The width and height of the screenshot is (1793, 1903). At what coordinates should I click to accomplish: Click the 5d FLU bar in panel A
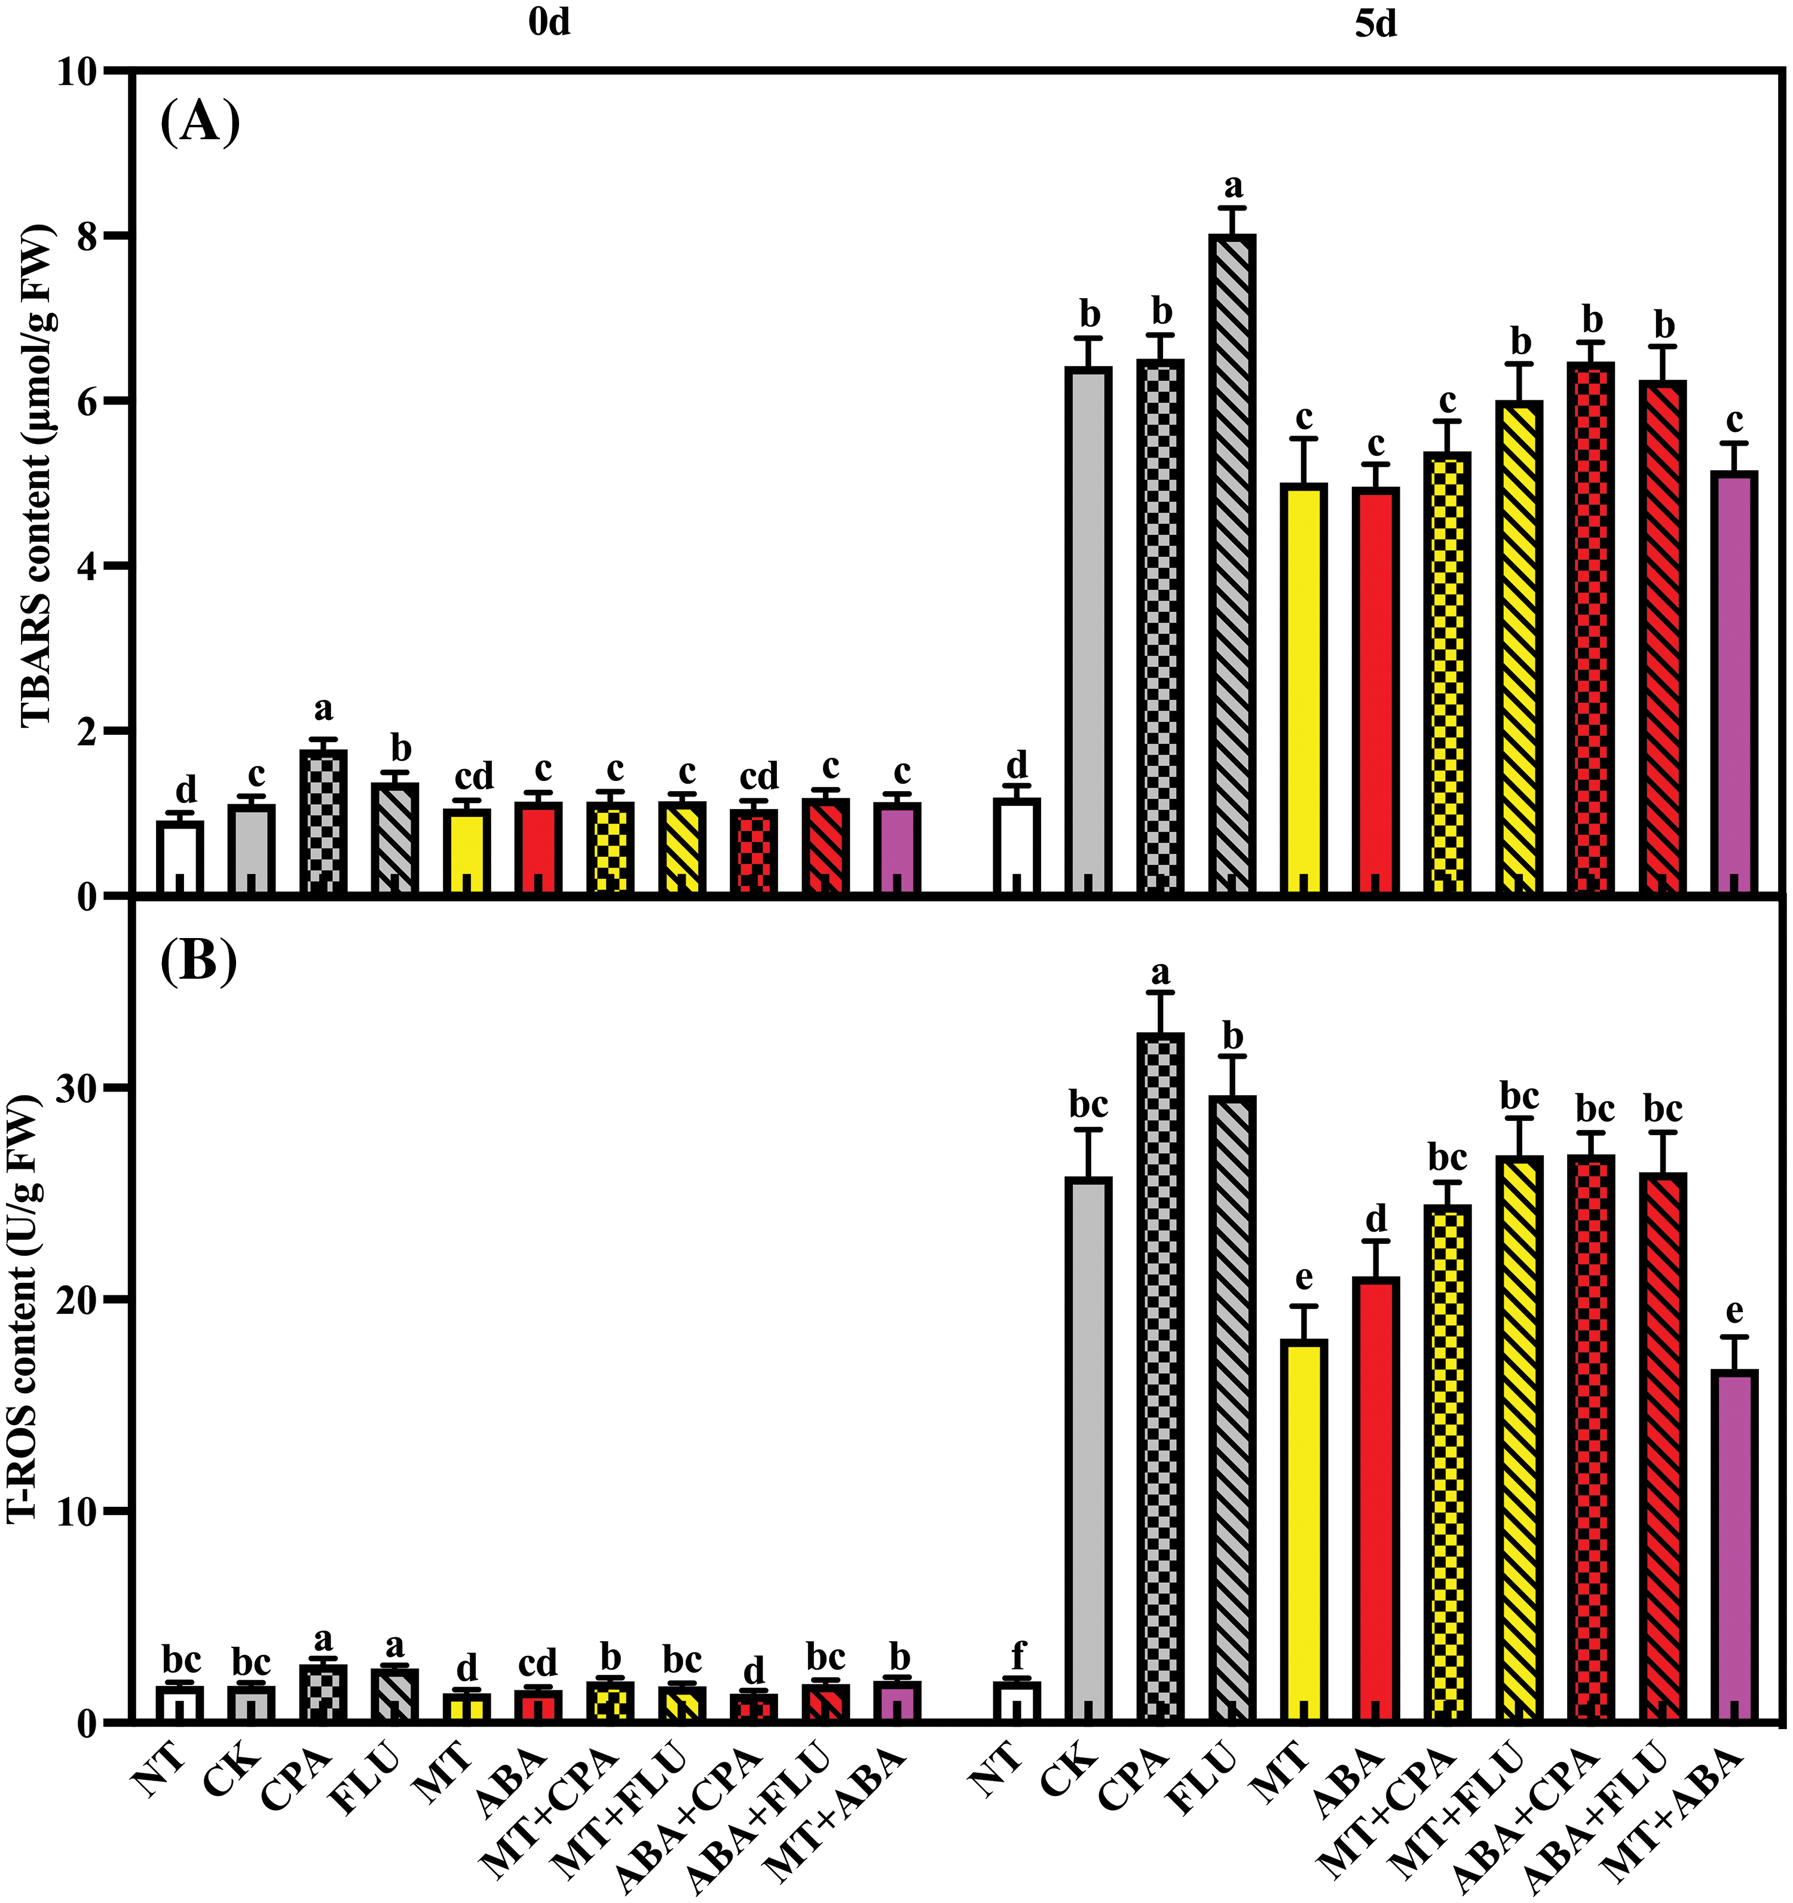[x=1232, y=565]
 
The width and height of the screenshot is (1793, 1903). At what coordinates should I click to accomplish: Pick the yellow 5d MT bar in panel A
[x=1303, y=690]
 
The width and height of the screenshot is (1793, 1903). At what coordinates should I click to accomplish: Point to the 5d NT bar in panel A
[x=1017, y=847]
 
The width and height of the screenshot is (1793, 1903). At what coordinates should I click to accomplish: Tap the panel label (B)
[x=198, y=961]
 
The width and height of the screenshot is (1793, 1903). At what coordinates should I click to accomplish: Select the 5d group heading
[x=1376, y=24]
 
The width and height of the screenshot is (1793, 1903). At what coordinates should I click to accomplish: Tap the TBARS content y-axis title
[x=36, y=476]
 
